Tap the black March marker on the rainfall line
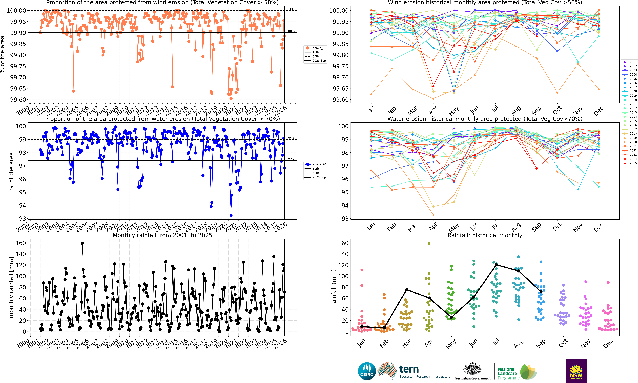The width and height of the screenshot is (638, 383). (407, 290)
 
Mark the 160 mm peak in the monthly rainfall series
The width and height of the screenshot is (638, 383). (82, 243)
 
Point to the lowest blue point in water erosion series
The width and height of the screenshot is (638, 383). (231, 215)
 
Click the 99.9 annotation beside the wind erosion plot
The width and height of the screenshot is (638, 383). (292, 31)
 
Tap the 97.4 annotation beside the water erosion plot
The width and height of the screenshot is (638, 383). (292, 159)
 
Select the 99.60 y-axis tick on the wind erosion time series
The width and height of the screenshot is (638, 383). (18, 100)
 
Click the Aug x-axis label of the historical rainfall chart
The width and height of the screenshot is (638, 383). (519, 343)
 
